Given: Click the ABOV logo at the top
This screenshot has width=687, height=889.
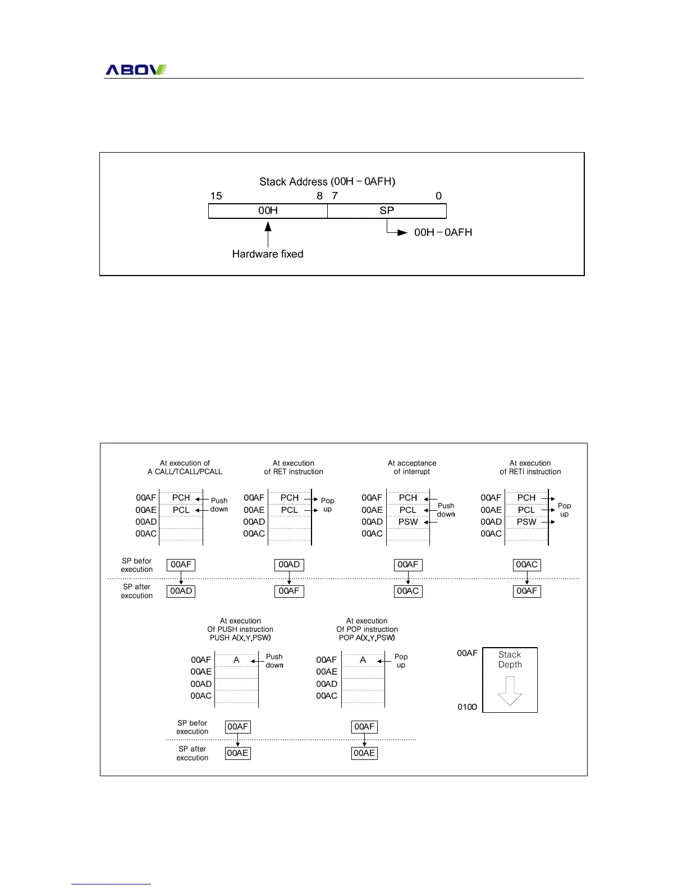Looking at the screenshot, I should point(136,70).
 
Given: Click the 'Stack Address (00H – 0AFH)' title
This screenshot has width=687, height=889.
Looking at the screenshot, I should point(327,181).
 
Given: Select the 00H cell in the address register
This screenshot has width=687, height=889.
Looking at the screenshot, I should point(268,210).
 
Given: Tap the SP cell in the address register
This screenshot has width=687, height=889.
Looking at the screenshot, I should point(387,210).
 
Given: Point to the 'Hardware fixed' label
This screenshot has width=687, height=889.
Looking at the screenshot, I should point(268,254).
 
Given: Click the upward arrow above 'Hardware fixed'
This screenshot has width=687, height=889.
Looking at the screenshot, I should point(268,233).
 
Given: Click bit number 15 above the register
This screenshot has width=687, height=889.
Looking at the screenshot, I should point(216,196).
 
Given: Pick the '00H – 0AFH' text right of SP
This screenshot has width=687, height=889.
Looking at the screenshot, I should point(443,232).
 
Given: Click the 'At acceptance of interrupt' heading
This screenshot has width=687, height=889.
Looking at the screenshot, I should point(412,468).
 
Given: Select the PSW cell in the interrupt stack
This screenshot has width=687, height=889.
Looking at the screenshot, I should point(408,522).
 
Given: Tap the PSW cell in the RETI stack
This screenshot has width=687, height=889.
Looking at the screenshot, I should point(526,522).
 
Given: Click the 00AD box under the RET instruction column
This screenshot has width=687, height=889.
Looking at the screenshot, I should point(289,565).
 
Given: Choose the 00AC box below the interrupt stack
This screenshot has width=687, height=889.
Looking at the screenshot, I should point(408,591).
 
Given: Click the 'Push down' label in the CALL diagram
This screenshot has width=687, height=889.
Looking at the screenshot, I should point(219,505).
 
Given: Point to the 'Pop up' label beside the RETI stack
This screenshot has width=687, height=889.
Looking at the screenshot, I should point(564,510).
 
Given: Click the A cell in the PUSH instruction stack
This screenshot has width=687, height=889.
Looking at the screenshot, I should point(236,660).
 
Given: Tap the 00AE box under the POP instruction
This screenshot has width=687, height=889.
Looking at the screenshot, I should point(364,753).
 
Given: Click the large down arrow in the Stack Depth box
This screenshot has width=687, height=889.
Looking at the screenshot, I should point(510,691).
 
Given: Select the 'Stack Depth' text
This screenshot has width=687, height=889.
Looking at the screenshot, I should point(510,659).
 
